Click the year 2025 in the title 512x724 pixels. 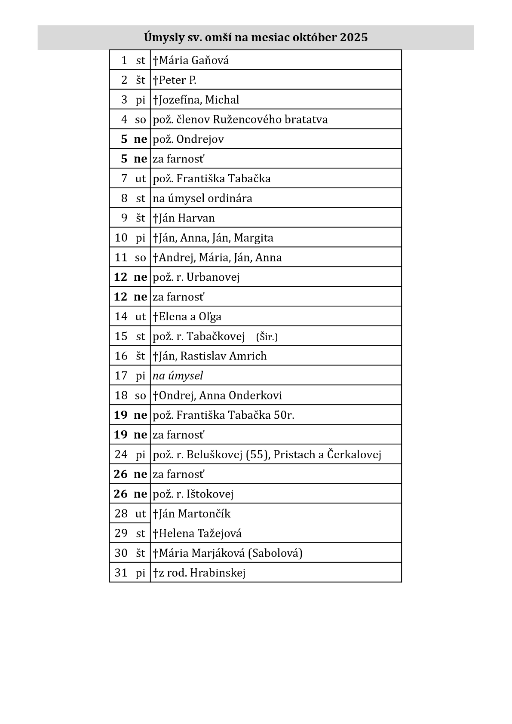click(354, 38)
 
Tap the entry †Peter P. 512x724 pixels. click(175, 80)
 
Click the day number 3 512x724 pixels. click(124, 100)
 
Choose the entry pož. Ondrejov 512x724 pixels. click(188, 139)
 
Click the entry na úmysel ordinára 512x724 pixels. click(202, 198)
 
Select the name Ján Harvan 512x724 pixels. click(187, 218)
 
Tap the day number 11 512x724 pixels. click(121, 258)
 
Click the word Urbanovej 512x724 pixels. click(213, 277)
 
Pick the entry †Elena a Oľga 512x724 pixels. click(187, 317)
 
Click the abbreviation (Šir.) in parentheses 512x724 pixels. click(267, 337)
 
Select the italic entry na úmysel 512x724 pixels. click(178, 376)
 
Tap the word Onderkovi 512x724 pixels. click(255, 396)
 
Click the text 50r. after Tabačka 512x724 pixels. click(284, 415)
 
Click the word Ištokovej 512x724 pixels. click(210, 494)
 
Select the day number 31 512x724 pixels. click(121, 573)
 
